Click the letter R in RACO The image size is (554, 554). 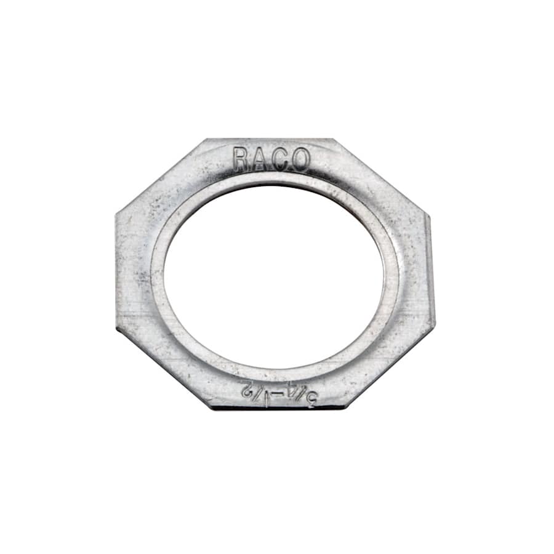click(242, 160)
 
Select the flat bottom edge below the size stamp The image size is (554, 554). click(277, 407)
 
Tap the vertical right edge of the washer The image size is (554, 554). click(433, 271)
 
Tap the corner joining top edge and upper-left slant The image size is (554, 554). click(206, 140)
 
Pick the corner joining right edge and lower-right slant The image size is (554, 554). click(435, 326)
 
